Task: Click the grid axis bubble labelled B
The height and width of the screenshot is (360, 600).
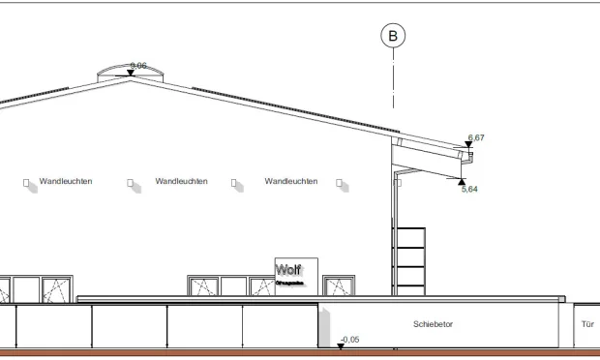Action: click(x=393, y=37)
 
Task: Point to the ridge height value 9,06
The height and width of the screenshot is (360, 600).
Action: click(x=138, y=65)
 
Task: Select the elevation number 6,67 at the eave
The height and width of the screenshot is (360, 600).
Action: click(x=476, y=137)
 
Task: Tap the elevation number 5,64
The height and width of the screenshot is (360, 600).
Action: click(x=469, y=189)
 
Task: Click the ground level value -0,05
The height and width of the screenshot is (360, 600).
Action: click(x=350, y=340)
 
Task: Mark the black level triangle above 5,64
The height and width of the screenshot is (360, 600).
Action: click(x=462, y=180)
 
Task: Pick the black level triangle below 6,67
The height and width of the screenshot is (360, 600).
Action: click(x=469, y=145)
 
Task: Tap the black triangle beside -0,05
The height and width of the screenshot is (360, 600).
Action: click(x=341, y=345)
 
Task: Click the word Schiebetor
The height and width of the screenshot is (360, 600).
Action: click(x=433, y=324)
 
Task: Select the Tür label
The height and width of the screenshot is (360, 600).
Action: click(x=586, y=324)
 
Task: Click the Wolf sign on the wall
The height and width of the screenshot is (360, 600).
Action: click(x=289, y=272)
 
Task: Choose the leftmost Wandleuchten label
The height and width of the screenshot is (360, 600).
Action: click(x=66, y=181)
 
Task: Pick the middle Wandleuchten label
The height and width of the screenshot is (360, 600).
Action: click(x=181, y=181)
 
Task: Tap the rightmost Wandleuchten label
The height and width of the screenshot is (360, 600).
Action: click(x=290, y=181)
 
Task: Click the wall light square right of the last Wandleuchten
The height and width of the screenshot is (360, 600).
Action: click(x=340, y=182)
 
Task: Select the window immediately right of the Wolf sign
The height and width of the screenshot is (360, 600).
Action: click(x=340, y=285)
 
